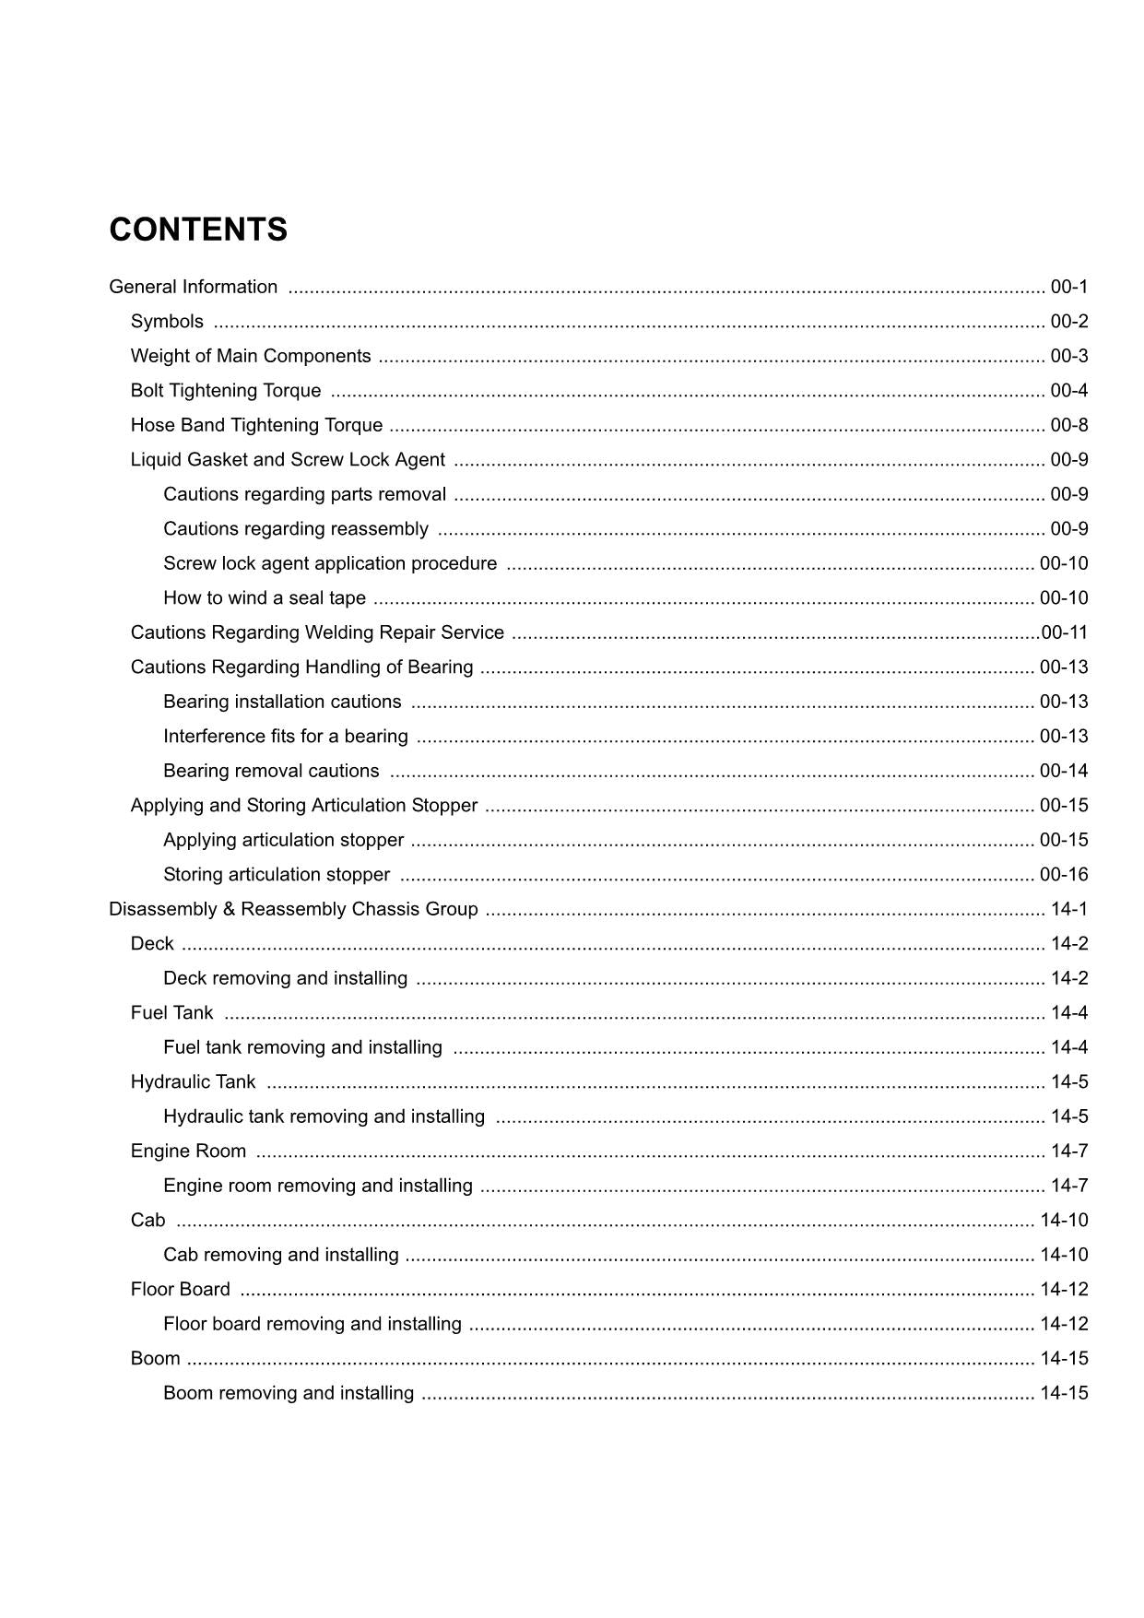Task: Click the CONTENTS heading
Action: click(198, 230)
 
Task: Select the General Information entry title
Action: click(193, 287)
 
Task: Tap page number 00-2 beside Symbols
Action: click(1068, 322)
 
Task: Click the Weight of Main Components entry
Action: click(251, 356)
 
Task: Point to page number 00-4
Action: click(1068, 391)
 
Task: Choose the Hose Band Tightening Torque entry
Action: click(256, 425)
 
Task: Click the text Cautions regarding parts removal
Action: click(304, 494)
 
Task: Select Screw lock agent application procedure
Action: click(329, 563)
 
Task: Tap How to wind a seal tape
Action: click(264, 598)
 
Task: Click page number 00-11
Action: click(1065, 632)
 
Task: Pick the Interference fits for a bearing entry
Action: click(285, 737)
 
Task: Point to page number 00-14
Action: click(1064, 771)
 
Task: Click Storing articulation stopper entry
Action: click(276, 875)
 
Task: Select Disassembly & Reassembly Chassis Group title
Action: click(293, 909)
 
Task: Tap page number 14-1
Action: click(1069, 909)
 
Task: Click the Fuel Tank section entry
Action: click(171, 1013)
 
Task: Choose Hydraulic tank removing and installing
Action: click(324, 1116)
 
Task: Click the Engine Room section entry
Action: click(188, 1151)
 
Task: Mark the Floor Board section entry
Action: click(180, 1290)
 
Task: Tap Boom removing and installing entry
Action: click(288, 1393)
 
